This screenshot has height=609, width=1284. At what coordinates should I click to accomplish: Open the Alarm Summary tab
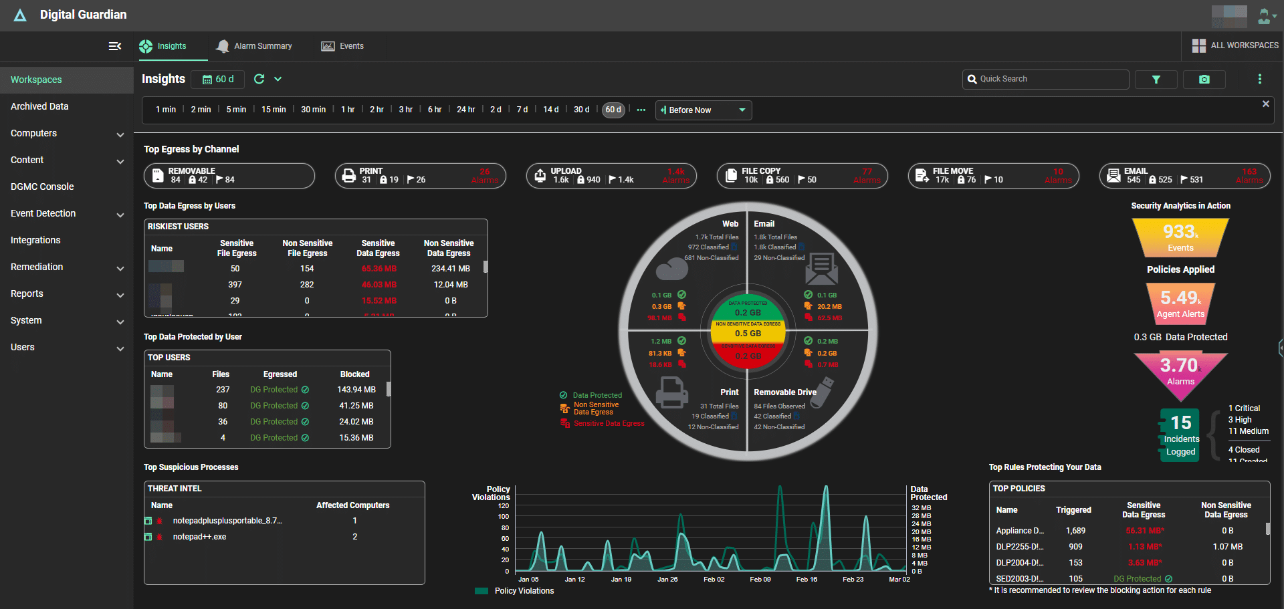(x=255, y=46)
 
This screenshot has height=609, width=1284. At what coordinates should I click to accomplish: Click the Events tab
(x=343, y=46)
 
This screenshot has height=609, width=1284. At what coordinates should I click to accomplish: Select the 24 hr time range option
(x=465, y=110)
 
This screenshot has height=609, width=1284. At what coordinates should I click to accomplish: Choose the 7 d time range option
(x=522, y=110)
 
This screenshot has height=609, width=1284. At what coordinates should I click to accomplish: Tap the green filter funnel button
(x=1156, y=80)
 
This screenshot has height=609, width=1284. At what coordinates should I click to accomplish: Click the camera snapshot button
(x=1204, y=80)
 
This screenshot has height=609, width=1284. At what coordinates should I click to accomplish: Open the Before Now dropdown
(x=704, y=110)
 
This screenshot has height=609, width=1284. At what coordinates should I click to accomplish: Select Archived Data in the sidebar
(x=39, y=106)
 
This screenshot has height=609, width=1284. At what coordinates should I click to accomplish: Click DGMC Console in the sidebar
(x=42, y=187)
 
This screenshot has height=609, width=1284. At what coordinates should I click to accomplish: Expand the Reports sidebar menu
(x=67, y=293)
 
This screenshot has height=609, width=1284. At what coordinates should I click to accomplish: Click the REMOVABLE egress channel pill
(x=229, y=176)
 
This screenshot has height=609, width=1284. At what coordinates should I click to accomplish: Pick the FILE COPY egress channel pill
(x=802, y=176)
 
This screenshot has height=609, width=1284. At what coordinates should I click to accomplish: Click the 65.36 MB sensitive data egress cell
(x=379, y=269)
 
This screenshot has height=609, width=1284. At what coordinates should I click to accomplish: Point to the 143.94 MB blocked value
(x=356, y=390)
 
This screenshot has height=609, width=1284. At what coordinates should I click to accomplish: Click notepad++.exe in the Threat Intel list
(x=199, y=537)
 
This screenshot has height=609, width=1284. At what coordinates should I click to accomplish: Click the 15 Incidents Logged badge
(x=1180, y=435)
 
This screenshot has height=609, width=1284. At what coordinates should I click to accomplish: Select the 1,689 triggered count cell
(x=1075, y=531)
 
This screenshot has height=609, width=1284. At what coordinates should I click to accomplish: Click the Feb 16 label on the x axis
(x=807, y=580)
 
